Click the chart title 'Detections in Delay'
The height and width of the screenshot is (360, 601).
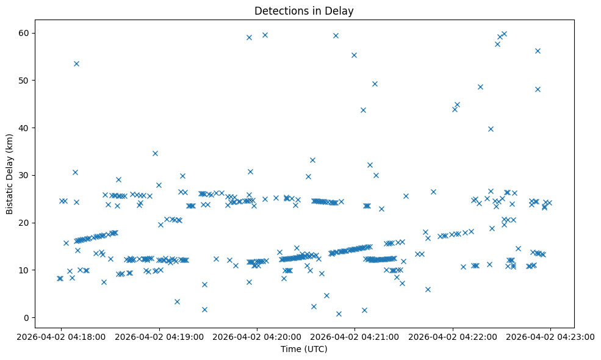(304, 11)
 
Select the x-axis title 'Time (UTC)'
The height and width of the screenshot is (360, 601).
(304, 349)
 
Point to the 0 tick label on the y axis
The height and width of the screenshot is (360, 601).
(27, 317)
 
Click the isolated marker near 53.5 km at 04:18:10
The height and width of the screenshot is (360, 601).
(76, 63)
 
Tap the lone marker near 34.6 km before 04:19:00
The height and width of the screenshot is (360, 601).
(155, 153)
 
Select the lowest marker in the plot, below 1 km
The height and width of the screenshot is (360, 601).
(339, 314)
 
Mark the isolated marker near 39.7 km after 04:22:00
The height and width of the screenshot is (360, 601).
(491, 129)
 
